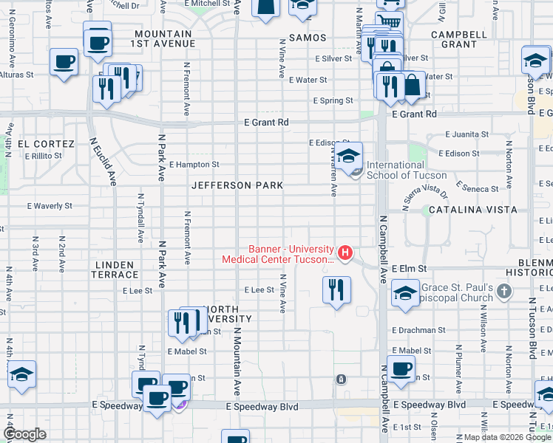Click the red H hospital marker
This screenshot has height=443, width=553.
tap(345, 253)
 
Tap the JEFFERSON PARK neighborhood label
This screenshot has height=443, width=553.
tap(237, 185)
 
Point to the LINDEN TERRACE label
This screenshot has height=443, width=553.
tap(115, 269)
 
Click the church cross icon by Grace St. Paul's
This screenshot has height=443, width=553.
tap(504, 291)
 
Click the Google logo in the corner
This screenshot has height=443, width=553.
tap(25, 434)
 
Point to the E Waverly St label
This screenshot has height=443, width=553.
tap(50, 207)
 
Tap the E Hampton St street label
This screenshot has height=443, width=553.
tap(194, 165)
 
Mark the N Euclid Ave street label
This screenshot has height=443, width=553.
tap(102, 160)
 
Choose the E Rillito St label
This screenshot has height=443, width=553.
tap(47, 156)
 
